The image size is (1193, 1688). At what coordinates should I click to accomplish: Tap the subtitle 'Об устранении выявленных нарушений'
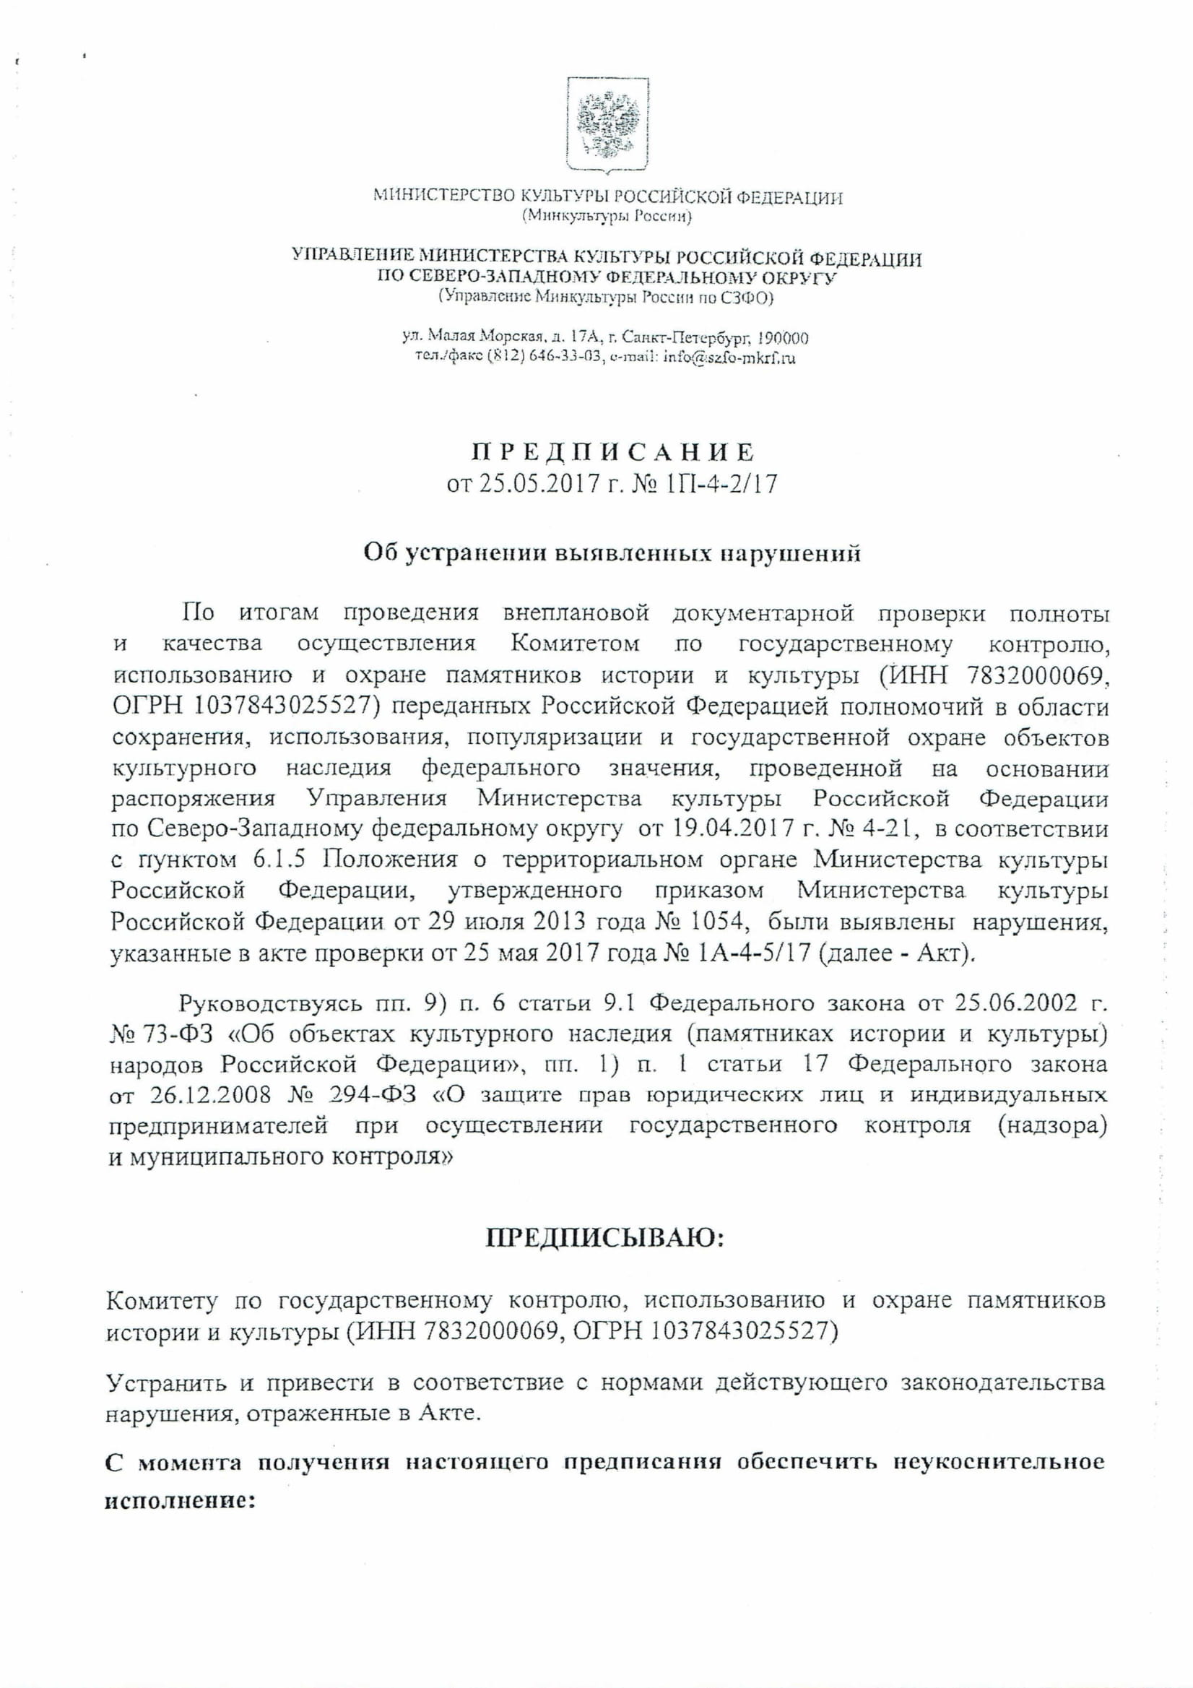click(x=612, y=553)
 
